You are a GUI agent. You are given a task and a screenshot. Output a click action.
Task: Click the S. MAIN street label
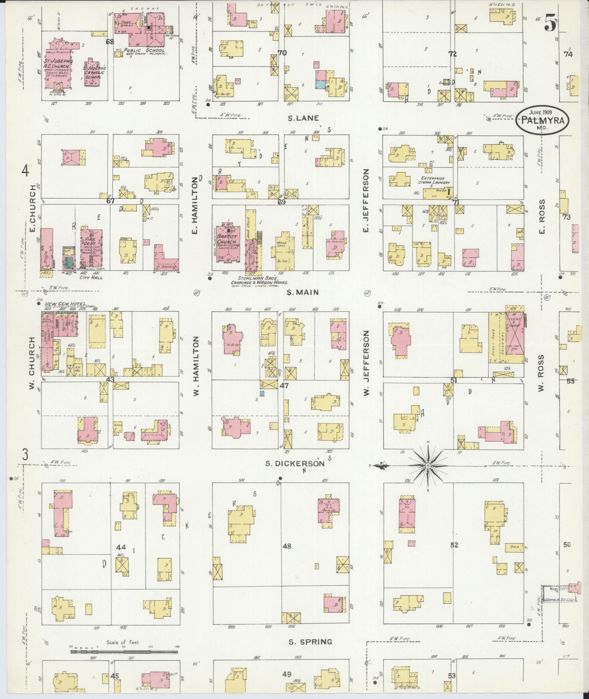pyautogui.click(x=302, y=292)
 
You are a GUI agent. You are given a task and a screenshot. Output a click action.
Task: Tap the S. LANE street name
pyautogui.click(x=303, y=118)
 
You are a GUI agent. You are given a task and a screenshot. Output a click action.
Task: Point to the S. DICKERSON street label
pyautogui.click(x=295, y=463)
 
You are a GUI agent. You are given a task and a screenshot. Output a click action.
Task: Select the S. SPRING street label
pyautogui.click(x=310, y=642)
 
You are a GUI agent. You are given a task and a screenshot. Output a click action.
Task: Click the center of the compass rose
pyautogui.click(x=428, y=466)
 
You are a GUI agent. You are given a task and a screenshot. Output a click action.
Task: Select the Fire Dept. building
pyautogui.click(x=91, y=248)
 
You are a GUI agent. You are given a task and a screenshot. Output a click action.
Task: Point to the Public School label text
pyautogui.click(x=144, y=50)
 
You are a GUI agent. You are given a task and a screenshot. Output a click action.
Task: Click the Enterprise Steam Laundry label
pyautogui.click(x=434, y=180)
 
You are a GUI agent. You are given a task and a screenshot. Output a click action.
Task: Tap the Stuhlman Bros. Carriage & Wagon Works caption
pyautogui.click(x=259, y=282)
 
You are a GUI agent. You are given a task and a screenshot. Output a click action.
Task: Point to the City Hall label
pyautogui.click(x=92, y=277)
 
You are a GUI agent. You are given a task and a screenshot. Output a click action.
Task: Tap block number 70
pyautogui.click(x=282, y=53)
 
